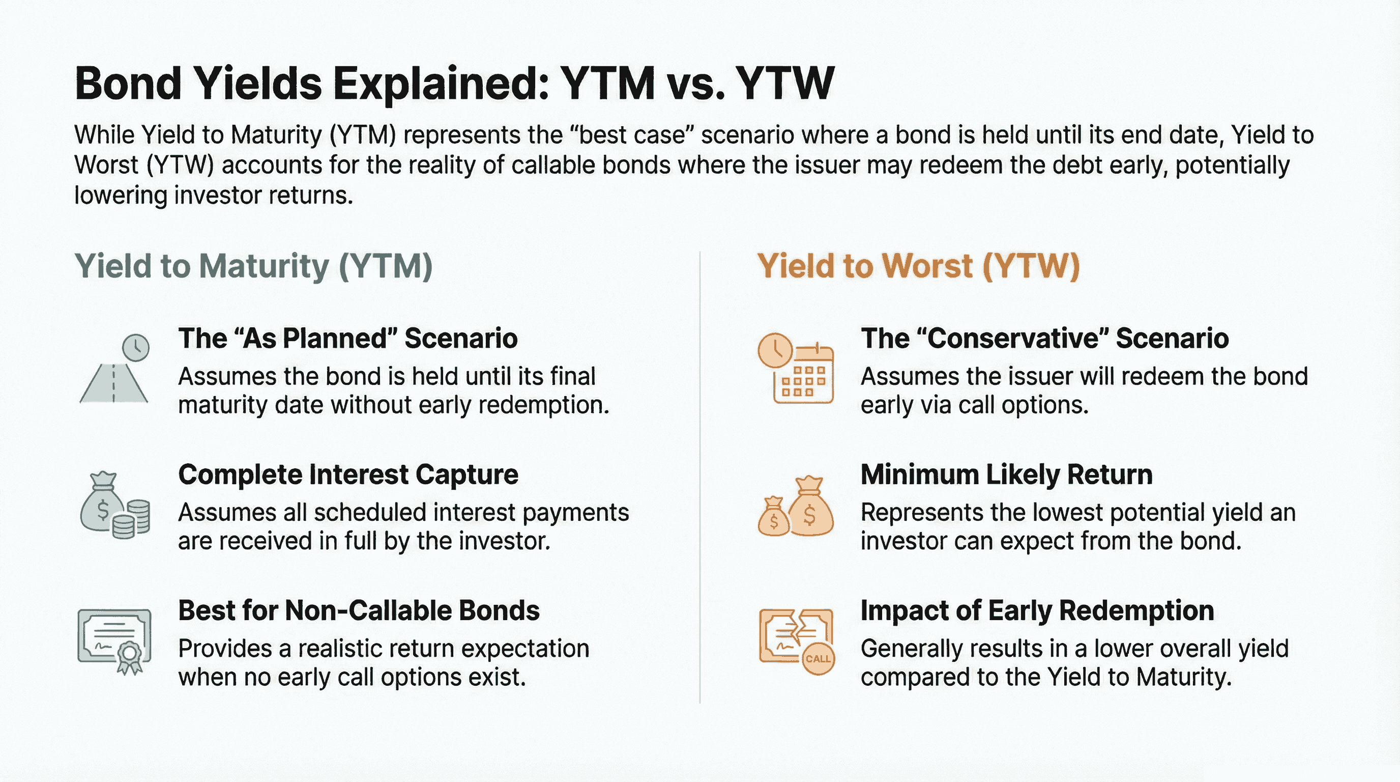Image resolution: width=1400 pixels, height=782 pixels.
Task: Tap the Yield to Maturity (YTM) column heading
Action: pyautogui.click(x=253, y=266)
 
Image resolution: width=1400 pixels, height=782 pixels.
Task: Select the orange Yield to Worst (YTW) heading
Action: pyautogui.click(x=918, y=266)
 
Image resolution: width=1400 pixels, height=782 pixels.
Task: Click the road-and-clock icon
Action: pyautogui.click(x=114, y=368)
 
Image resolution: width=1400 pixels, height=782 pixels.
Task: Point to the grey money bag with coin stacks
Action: pyautogui.click(x=114, y=505)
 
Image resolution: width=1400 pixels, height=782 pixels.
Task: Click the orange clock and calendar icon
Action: pyautogui.click(x=796, y=368)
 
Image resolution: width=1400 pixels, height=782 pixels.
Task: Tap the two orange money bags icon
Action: pyautogui.click(x=796, y=506)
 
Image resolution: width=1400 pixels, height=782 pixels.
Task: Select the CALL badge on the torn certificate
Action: pyautogui.click(x=818, y=659)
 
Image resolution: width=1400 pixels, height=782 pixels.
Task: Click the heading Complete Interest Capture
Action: pyautogui.click(x=348, y=474)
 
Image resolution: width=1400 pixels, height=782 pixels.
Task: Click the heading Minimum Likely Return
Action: pyautogui.click(x=1007, y=474)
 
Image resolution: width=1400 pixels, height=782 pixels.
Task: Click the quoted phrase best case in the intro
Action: pyautogui.click(x=635, y=135)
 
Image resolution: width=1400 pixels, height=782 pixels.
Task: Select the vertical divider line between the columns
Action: pyautogui.click(x=700, y=477)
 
